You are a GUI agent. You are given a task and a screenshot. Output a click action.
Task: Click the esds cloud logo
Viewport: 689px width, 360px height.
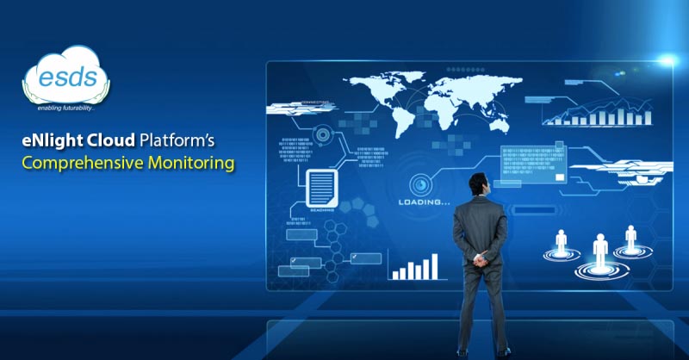66,79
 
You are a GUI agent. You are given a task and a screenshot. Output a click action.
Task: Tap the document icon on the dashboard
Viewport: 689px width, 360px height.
321,186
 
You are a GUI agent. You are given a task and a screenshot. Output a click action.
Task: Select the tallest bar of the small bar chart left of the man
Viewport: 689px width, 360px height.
434,266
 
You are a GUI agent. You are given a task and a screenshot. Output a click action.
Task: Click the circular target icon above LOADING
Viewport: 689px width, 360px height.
421,183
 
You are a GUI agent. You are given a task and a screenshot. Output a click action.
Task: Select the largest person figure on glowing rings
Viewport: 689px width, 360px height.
599,251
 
